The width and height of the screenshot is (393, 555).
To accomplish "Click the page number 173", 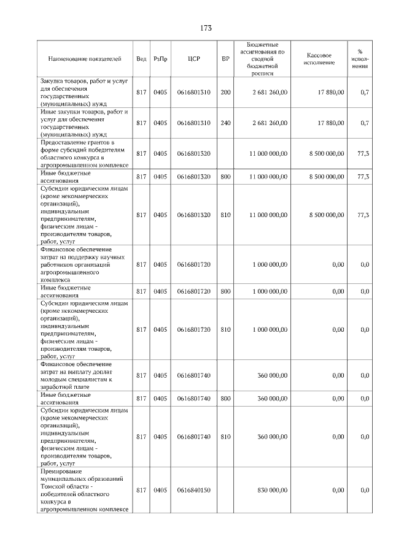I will pyautogui.click(x=206, y=28).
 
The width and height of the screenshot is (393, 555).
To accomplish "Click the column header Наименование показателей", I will pyautogui.click(x=85, y=59).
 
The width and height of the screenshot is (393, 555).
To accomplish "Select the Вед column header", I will pyautogui.click(x=141, y=59).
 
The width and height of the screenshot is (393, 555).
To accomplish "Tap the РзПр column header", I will pyautogui.click(x=160, y=59).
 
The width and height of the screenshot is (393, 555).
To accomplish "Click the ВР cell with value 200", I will pyautogui.click(x=225, y=92).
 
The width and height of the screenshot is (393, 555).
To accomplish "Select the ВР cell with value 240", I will pyautogui.click(x=225, y=123).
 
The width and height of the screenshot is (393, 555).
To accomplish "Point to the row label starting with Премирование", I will pyautogui.click(x=85, y=491).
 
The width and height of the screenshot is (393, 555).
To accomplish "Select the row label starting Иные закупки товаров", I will pyautogui.click(x=85, y=123).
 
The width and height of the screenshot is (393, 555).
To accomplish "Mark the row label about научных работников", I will pyautogui.click(x=85, y=264).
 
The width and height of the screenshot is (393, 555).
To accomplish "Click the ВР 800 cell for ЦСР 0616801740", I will pyautogui.click(x=225, y=399).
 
